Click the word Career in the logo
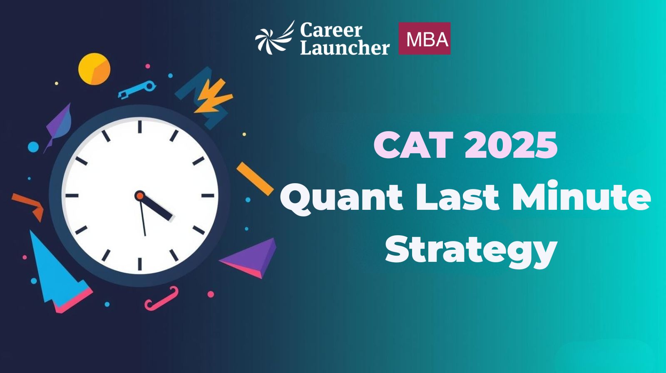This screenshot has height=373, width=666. [x=331, y=30]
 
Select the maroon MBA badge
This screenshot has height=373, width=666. [x=425, y=38]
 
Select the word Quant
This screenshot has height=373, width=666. [x=342, y=198]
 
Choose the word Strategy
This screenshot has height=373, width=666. [x=471, y=250]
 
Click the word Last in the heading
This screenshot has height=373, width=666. [x=457, y=197]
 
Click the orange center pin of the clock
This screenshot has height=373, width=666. [x=139, y=196]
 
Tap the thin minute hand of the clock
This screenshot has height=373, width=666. [x=142, y=216]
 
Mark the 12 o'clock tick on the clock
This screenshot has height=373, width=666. [x=139, y=127]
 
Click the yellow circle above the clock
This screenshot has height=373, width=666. [x=94, y=69]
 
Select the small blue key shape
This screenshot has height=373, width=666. [x=137, y=90]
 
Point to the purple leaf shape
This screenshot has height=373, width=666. [x=59, y=125]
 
